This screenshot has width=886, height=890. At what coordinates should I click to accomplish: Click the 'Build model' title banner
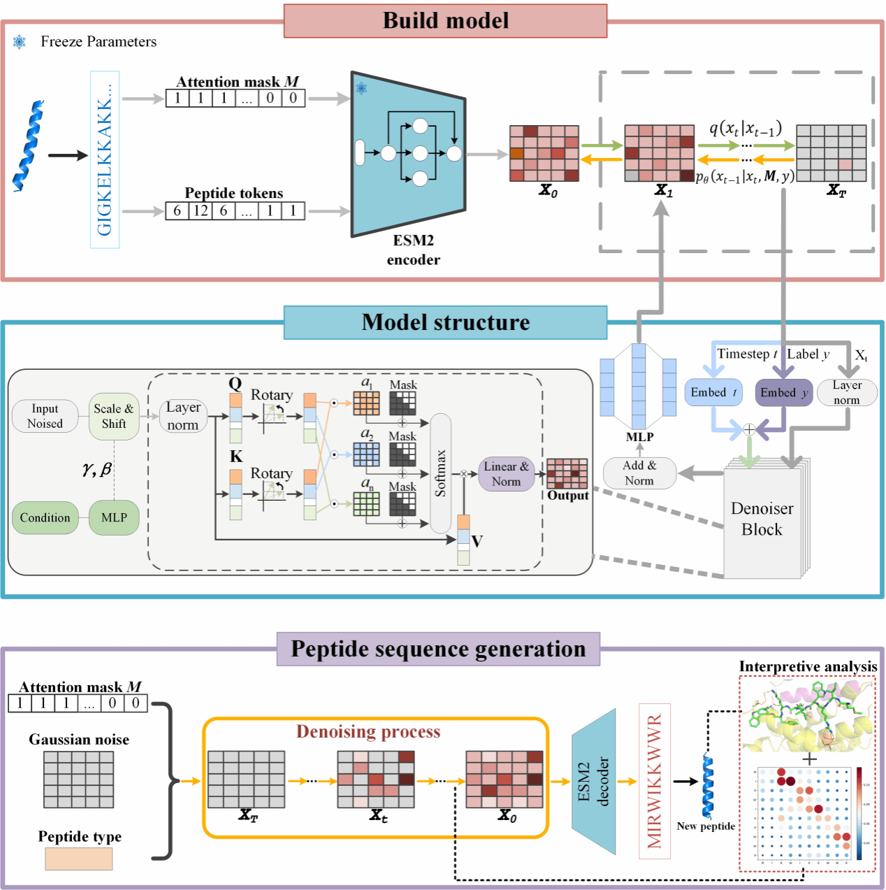[x=445, y=21]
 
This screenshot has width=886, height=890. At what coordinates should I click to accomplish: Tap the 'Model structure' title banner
[x=445, y=322]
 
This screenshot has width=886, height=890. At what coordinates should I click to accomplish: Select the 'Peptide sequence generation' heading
[x=438, y=649]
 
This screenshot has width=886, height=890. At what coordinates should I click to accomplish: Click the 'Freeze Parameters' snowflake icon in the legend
[x=20, y=42]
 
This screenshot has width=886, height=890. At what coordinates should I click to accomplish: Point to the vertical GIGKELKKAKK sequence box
[x=105, y=159]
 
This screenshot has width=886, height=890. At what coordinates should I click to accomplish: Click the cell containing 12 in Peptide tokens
[x=201, y=210]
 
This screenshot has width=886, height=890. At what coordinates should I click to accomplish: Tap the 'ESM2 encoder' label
[x=414, y=250]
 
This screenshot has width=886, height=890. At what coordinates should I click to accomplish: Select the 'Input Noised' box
[x=45, y=416]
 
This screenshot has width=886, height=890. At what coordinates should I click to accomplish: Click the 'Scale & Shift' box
[x=114, y=416]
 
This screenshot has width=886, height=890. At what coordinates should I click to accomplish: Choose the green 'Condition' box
[x=45, y=518]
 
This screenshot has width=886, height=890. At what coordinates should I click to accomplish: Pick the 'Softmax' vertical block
[x=440, y=473]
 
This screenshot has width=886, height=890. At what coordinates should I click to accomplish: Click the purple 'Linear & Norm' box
[x=506, y=474]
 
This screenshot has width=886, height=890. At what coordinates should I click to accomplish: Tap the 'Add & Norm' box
[x=639, y=473]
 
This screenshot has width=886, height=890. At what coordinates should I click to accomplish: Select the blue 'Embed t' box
[x=713, y=393]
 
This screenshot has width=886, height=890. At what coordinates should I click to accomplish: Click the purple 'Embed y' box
[x=784, y=393]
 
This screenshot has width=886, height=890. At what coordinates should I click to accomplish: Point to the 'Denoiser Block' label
[x=762, y=519]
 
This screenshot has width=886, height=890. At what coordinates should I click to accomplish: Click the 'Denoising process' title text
[x=368, y=732]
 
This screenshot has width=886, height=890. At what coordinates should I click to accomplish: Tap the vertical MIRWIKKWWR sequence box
[x=654, y=781]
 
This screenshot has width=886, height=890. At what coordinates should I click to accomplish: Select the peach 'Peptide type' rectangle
[x=78, y=859]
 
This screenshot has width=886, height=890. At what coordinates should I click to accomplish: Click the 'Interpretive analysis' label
[x=808, y=667]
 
